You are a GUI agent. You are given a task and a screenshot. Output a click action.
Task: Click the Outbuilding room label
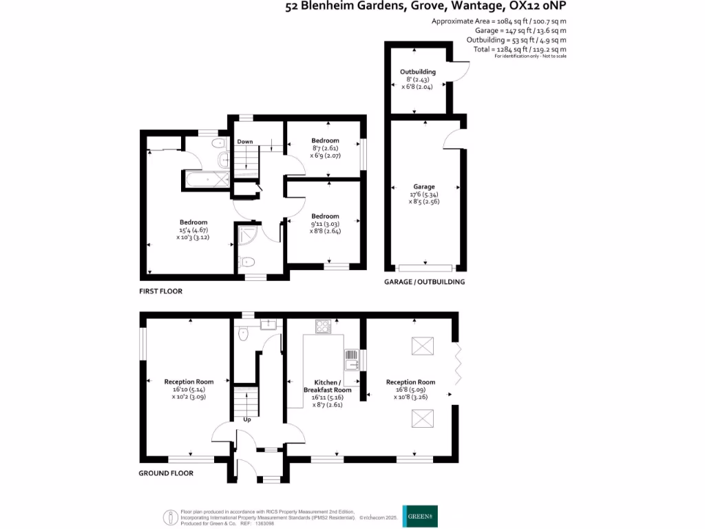[x=417, y=72]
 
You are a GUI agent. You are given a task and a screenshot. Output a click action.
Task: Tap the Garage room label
[x=424, y=187]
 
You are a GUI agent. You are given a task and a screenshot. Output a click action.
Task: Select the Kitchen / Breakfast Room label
[x=327, y=386]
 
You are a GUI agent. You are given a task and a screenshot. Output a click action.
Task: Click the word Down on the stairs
[x=245, y=142]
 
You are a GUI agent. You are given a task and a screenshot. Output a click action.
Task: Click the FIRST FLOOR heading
[x=160, y=291]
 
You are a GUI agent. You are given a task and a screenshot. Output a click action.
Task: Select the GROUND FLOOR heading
[x=165, y=473]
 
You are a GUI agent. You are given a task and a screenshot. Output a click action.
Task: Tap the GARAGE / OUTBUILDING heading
[x=424, y=282]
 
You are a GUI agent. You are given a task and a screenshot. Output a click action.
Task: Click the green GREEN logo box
[x=420, y=516]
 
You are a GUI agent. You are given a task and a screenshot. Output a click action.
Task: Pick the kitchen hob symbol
[x=322, y=326]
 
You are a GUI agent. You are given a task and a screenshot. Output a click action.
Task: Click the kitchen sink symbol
[x=351, y=359]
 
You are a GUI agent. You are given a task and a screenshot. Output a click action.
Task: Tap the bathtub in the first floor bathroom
[x=204, y=180]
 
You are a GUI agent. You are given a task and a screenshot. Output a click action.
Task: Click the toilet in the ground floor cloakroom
[x=242, y=334]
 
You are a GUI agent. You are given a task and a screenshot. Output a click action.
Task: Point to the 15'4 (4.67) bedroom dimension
[x=193, y=229]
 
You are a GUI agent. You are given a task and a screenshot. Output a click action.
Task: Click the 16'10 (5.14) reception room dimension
[x=189, y=389]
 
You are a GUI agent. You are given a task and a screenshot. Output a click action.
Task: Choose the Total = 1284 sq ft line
[x=520, y=50]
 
